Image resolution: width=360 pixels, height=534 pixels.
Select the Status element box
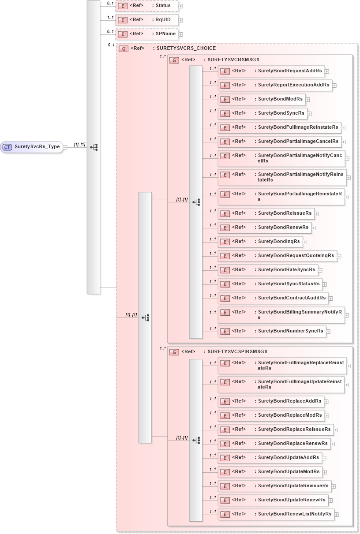click(147, 6)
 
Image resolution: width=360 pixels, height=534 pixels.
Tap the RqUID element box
click(147, 20)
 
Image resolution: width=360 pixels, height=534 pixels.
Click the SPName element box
click(147, 34)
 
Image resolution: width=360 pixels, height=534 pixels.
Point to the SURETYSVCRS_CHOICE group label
click(184, 49)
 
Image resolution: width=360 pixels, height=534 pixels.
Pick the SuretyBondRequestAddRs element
click(271, 71)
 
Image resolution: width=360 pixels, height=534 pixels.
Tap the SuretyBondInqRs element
click(260, 242)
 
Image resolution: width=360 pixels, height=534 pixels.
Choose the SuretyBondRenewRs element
click(264, 228)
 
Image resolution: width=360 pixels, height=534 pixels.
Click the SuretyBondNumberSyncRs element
click(271, 331)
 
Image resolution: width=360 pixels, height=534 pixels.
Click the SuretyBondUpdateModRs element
click(270, 472)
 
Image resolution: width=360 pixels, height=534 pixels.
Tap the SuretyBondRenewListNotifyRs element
click(275, 514)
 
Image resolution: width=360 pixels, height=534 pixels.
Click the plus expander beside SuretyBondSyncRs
click(310, 114)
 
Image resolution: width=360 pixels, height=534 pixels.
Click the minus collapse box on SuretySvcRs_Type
click(65, 147)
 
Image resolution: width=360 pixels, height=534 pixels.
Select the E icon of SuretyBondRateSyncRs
click(225, 270)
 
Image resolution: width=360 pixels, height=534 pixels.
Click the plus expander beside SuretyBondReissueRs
click(317, 214)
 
